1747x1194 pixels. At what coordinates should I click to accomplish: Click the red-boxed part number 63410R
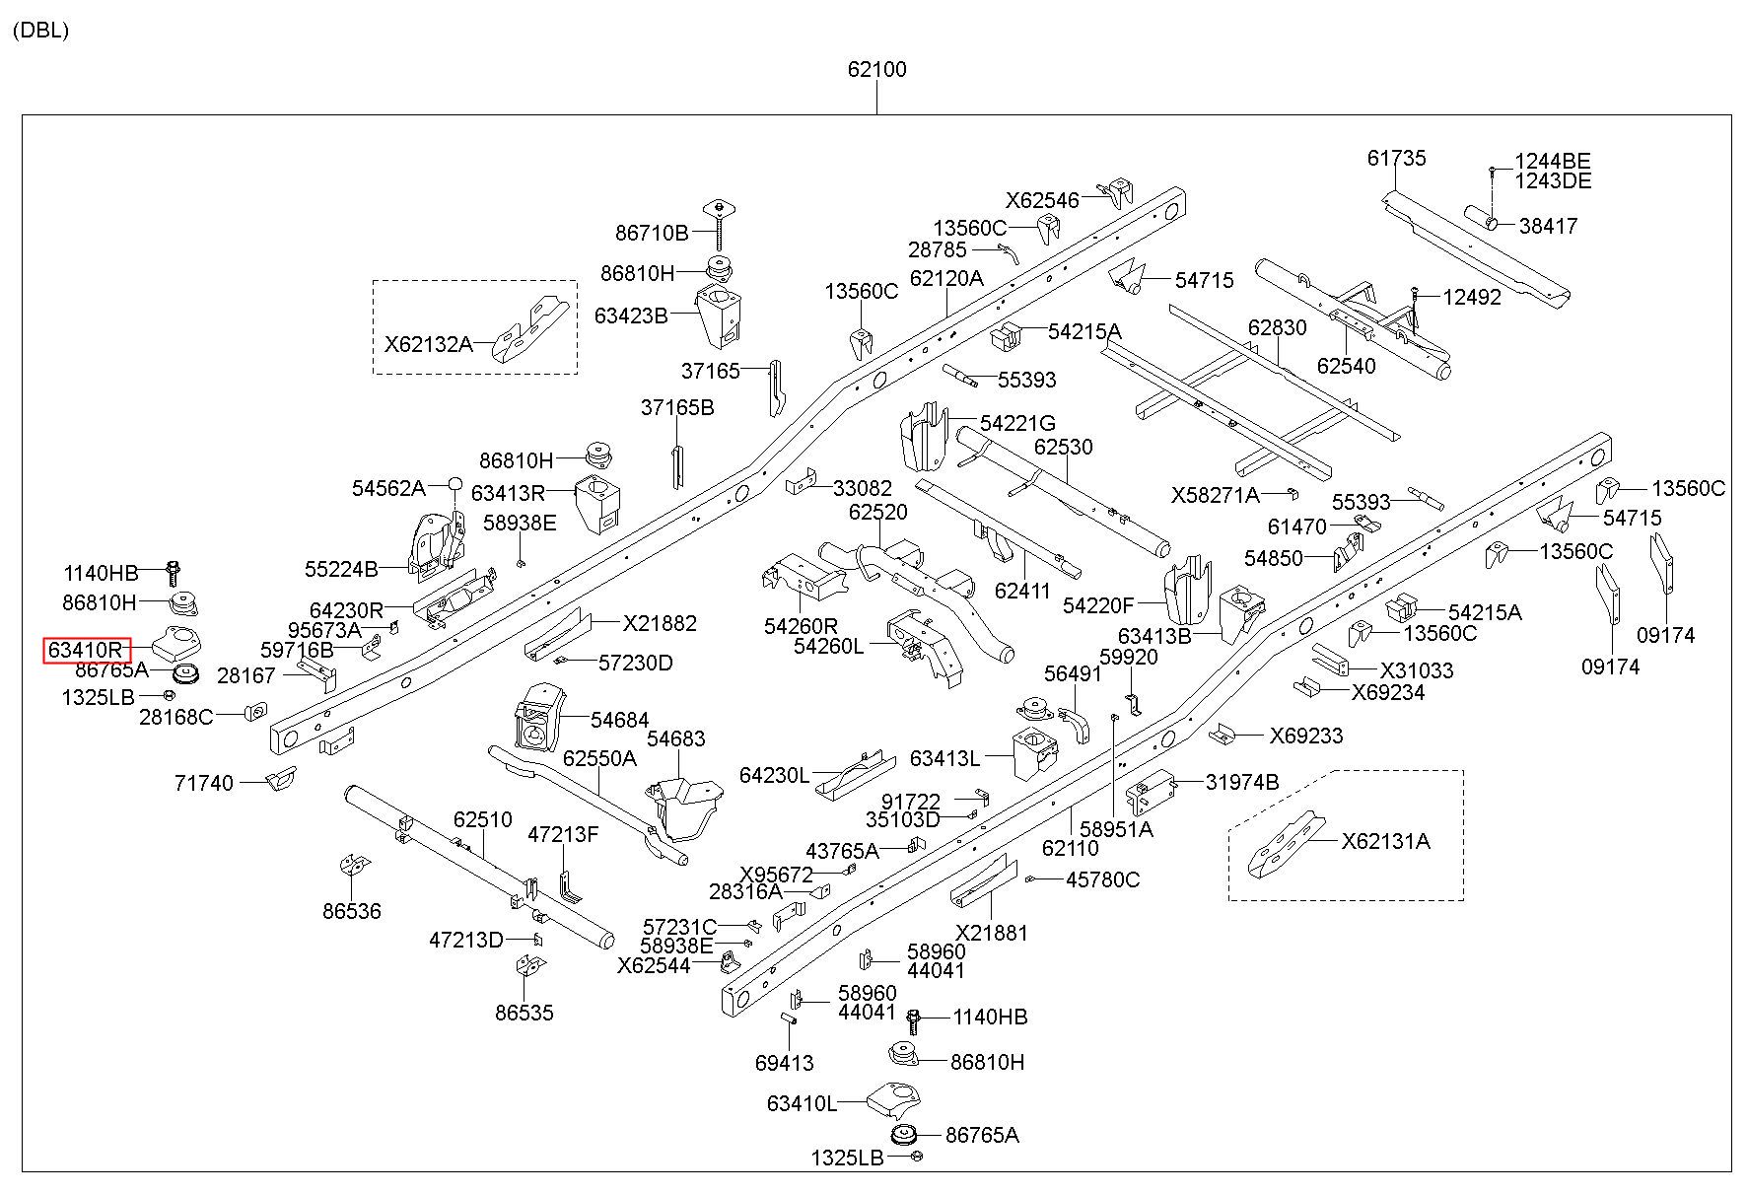coord(87,651)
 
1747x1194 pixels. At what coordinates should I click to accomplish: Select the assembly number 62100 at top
coord(876,70)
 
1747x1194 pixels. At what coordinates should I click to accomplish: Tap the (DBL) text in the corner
coord(40,31)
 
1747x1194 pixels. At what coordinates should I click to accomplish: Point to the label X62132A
coord(428,344)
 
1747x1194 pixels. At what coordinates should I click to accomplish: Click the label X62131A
coord(1385,841)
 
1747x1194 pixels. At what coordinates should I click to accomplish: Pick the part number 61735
coord(1396,158)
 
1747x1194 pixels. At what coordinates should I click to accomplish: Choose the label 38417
coord(1548,226)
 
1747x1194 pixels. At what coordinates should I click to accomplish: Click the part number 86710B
coord(652,233)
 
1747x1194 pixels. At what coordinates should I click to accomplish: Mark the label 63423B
coord(631,316)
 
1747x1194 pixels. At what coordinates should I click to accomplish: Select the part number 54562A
coord(388,488)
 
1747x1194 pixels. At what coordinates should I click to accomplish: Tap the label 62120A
coord(946,278)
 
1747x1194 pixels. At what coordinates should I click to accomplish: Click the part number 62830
coord(1277,327)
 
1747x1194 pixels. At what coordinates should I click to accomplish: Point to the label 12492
coord(1472,297)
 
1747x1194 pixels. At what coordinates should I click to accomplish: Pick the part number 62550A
coord(599,758)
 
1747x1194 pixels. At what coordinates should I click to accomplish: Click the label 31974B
coord(1242,782)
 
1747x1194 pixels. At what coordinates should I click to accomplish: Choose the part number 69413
coord(785,1063)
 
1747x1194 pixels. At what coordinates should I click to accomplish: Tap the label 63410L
coord(802,1103)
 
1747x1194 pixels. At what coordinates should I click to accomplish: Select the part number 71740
coord(204,783)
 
